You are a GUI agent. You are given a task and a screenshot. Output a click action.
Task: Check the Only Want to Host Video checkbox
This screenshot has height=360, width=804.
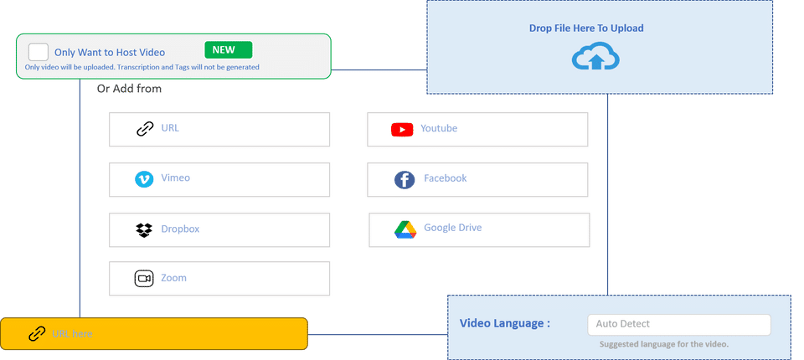38,51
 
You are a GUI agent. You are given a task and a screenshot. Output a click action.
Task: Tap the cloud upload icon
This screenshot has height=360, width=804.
595,58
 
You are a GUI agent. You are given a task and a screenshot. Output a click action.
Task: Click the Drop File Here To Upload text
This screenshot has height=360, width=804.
586,28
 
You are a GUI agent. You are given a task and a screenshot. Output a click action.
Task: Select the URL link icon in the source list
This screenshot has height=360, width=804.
145,129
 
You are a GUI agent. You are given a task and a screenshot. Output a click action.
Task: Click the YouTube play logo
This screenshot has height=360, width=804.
403,130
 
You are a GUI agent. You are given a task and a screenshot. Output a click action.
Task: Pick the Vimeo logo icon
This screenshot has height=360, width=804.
144,178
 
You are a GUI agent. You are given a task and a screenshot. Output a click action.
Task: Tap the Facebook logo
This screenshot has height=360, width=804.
405,179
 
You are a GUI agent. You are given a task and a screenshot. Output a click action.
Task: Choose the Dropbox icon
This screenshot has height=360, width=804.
144,229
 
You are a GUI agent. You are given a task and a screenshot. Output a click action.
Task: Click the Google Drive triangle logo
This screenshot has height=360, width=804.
405,229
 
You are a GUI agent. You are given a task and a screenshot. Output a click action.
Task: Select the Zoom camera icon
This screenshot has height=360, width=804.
144,278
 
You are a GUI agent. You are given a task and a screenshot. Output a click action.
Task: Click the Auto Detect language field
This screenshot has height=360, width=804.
678,324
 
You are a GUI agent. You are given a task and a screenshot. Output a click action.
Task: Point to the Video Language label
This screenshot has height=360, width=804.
505,324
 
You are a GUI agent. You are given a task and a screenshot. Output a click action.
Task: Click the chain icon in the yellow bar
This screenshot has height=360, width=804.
37,334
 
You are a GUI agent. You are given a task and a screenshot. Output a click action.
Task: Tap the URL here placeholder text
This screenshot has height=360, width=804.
72,334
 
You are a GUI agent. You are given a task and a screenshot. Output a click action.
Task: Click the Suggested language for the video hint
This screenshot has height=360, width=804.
664,344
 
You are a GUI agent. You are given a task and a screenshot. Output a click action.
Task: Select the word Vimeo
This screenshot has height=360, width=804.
176,178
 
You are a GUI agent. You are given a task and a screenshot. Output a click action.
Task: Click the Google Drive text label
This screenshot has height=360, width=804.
453,228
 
